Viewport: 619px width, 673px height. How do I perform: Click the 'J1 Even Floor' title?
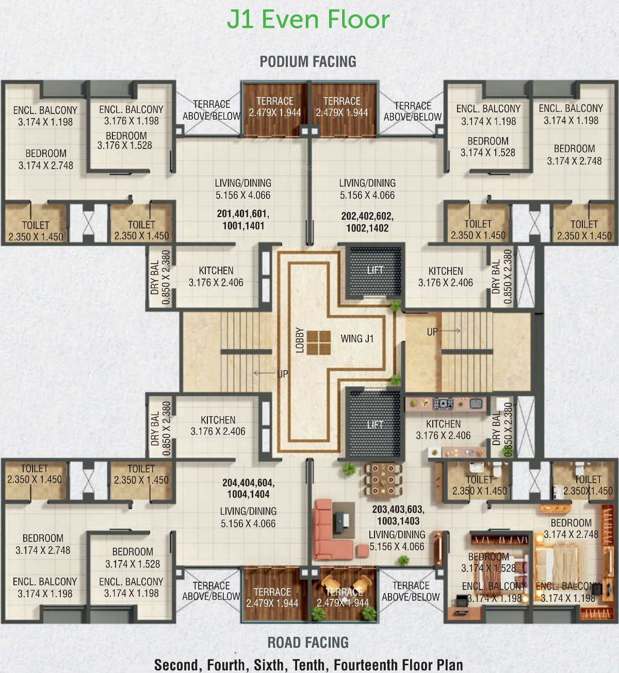tap(308, 20)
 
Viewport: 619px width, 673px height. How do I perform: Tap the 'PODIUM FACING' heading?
tap(308, 62)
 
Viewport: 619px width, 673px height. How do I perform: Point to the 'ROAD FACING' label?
tap(308, 642)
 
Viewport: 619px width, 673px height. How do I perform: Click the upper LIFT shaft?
tap(375, 270)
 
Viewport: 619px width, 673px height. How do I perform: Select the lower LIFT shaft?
tap(375, 425)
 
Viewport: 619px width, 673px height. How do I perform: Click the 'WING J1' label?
tap(357, 338)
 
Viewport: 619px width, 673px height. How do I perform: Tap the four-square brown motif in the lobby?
tap(319, 342)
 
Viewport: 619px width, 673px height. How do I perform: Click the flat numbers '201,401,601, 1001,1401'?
tap(243, 220)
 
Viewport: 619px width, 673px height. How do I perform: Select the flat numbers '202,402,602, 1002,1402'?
tap(367, 222)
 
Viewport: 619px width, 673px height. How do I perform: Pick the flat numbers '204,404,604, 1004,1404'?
tap(249, 488)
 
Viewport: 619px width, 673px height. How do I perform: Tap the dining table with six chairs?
tap(383, 479)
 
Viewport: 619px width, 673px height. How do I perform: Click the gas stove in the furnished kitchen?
tap(443, 403)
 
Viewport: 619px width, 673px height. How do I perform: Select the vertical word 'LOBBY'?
tap(300, 340)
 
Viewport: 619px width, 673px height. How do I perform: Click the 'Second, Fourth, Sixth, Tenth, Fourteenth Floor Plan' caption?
tap(308, 664)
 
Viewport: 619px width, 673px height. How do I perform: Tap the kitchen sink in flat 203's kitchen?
tap(476, 403)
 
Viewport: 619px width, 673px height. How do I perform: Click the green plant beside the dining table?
tap(349, 468)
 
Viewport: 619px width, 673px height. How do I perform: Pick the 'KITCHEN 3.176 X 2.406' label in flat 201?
tap(216, 276)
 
